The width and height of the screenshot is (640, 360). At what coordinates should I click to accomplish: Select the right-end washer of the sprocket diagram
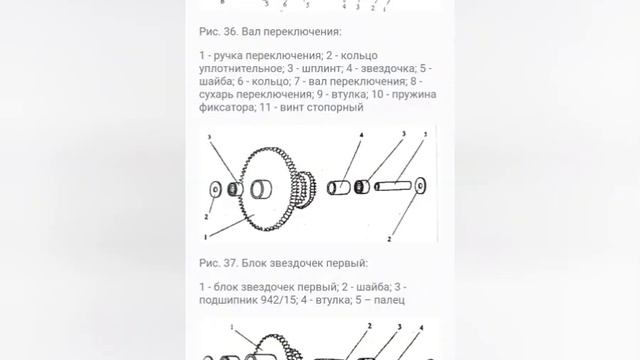coord(419,185)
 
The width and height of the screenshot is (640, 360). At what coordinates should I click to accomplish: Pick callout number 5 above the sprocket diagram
coord(424,131)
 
